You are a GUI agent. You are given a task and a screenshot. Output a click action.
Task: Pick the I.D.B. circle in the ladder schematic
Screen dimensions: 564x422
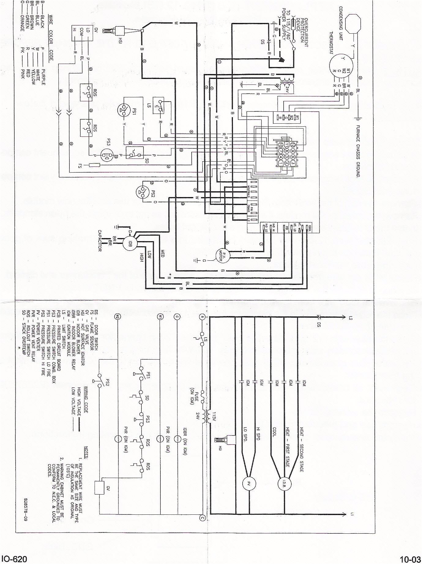284,483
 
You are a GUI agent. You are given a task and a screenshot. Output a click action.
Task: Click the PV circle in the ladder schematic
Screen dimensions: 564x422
249,484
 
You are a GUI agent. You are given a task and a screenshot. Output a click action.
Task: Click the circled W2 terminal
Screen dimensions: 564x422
117,317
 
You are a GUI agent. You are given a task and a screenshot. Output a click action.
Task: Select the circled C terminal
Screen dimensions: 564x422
202,518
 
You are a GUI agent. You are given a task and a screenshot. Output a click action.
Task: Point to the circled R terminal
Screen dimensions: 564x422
202,317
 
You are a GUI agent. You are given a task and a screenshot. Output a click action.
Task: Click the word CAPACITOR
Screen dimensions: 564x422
100,241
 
